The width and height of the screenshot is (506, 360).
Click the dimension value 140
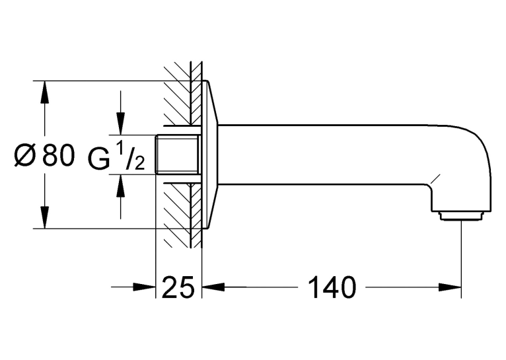[x=332, y=287]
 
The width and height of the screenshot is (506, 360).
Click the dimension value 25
[x=178, y=287]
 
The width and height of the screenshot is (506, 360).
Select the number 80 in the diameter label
[x=58, y=155]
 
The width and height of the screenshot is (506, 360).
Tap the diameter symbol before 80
[x=24, y=155]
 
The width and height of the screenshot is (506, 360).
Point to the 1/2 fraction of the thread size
[x=129, y=157]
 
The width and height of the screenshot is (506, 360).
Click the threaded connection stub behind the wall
[x=178, y=155]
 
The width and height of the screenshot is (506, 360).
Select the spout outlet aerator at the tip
[x=461, y=216]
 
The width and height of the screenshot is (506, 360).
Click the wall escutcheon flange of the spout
[x=210, y=155]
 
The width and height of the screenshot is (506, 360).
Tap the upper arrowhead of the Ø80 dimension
[x=45, y=92]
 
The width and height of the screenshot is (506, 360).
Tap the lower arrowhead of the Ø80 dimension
[x=45, y=217]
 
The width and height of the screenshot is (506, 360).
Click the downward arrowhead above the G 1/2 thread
[x=121, y=124]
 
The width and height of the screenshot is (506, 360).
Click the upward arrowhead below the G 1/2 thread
[x=121, y=186]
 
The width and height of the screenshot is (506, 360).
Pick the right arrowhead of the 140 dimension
[x=450, y=287]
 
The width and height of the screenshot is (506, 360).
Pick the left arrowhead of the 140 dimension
[x=213, y=287]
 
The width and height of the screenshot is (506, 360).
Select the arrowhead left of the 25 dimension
[x=144, y=287]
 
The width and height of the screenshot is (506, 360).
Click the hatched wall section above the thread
[x=183, y=94]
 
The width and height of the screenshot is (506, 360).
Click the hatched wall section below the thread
[x=183, y=215]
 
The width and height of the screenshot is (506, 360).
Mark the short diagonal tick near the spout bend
[x=435, y=179]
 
